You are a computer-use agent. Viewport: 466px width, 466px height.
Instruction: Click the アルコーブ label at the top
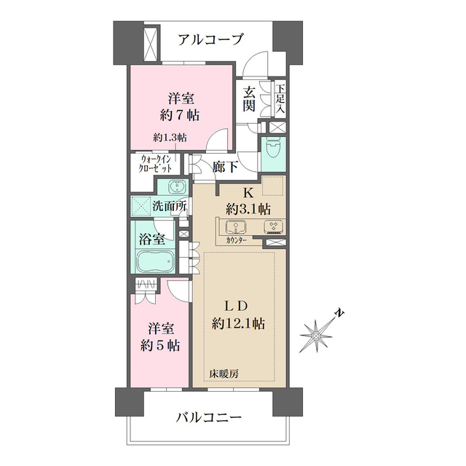[210, 39]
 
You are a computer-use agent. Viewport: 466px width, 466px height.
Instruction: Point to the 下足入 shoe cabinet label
[280, 98]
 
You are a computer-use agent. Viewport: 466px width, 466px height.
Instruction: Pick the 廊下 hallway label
[224, 167]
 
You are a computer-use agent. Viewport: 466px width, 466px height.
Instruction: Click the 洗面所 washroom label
[168, 206]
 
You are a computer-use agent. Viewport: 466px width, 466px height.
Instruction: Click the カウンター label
[234, 240]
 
